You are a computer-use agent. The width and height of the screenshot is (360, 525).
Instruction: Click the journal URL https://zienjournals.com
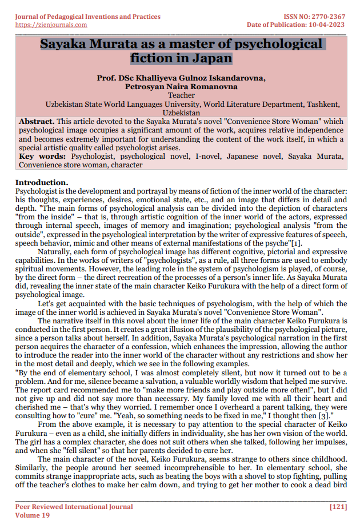click(51, 25)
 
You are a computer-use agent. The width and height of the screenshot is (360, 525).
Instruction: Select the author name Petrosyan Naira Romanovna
click(181, 87)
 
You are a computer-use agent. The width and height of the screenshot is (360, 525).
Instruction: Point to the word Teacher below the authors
click(181, 95)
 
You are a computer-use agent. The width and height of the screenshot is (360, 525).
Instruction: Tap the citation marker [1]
click(297, 244)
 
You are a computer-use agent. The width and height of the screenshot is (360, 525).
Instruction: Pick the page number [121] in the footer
click(338, 507)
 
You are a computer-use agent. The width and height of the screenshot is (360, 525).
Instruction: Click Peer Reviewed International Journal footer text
click(74, 507)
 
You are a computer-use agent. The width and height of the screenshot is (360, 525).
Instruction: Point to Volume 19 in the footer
click(32, 515)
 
